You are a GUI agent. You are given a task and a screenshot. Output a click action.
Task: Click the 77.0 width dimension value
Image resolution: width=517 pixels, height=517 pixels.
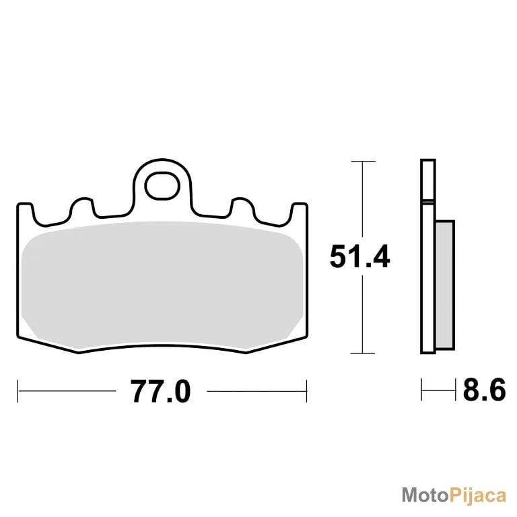tap(161, 391)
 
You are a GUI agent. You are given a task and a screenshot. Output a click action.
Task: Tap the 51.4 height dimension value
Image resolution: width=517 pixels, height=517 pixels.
tap(359, 256)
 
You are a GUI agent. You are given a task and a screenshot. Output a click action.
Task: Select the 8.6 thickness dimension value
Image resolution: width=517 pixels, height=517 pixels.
tap(484, 390)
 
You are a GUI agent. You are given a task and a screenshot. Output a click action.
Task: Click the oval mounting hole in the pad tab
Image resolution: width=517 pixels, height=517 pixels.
tap(162, 186)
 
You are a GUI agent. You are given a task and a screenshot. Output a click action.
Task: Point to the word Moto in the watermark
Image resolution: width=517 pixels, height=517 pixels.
tap(425, 495)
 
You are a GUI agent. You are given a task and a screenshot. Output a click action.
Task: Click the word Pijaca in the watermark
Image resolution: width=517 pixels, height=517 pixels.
tap(478, 496)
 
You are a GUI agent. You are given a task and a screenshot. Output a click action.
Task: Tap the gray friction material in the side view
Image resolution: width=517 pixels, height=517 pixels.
tap(445, 285)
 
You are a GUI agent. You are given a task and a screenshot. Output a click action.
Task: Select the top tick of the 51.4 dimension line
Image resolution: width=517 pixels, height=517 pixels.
tap(363, 162)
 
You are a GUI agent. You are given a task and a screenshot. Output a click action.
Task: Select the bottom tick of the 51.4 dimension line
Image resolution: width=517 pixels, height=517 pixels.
tap(362, 353)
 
